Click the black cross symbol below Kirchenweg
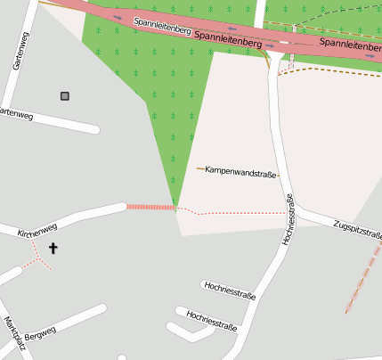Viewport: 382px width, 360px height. tap(53, 249)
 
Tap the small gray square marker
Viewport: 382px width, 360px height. tap(64, 96)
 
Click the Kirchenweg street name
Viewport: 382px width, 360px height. tap(37, 230)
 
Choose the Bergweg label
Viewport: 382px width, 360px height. tap(40, 332)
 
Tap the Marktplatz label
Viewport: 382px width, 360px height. tap(11, 333)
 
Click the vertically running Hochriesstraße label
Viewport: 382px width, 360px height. tap(288, 220)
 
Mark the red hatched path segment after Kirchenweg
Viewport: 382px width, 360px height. tap(150, 207)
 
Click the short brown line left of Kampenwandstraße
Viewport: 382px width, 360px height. tap(200, 168)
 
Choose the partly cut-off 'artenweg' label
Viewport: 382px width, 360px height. tap(16, 114)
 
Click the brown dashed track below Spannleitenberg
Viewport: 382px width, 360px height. tap(329, 70)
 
